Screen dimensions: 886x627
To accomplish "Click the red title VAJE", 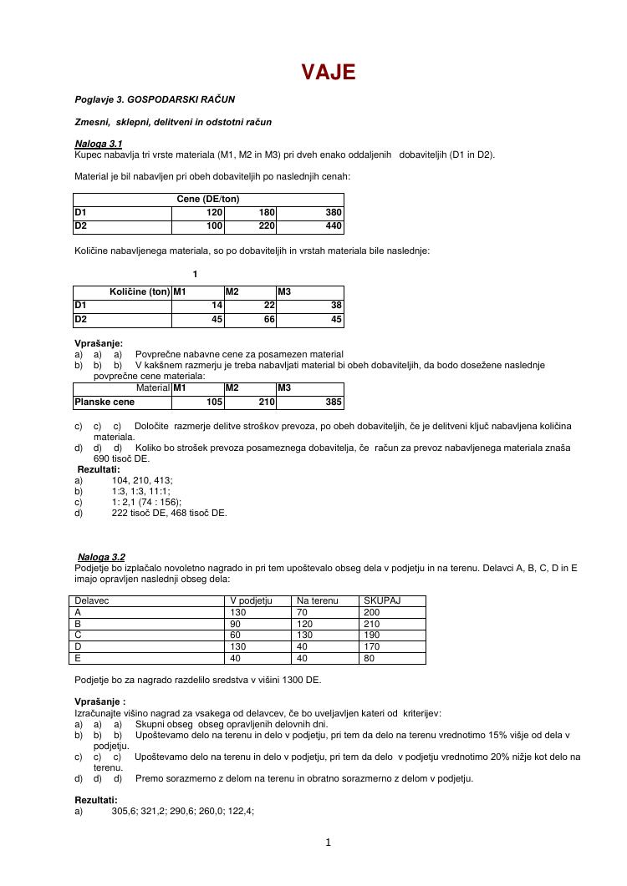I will [x=329, y=73].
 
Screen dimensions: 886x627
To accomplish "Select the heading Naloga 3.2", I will [x=101, y=557].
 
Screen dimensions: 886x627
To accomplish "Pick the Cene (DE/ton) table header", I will [x=208, y=199].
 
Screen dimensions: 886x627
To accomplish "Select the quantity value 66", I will [x=268, y=319].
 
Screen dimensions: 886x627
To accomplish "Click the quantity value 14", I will [x=216, y=306].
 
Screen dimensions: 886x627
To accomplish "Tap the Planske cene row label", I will [x=104, y=402].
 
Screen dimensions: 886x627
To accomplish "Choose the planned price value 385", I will [x=334, y=402].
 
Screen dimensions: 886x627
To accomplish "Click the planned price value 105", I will [x=214, y=402].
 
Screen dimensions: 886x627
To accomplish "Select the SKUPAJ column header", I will [x=382, y=600].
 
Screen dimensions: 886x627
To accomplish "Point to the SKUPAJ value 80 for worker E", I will [x=369, y=658].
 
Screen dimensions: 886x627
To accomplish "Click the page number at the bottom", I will [x=329, y=842].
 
